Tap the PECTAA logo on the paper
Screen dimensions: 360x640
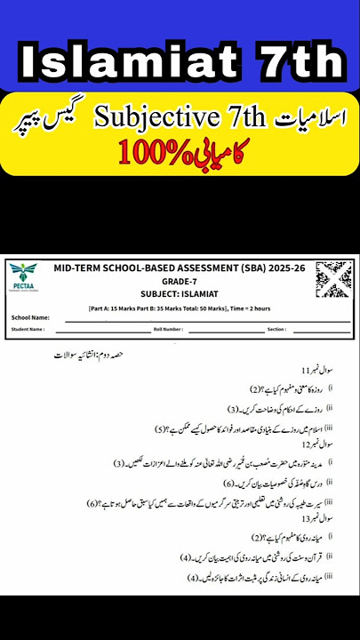click(25, 282)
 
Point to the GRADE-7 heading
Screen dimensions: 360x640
click(179, 278)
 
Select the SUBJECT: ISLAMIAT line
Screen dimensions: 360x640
click(179, 292)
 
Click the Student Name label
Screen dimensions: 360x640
click(29, 329)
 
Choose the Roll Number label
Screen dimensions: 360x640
click(167, 329)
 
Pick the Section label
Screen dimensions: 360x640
click(276, 329)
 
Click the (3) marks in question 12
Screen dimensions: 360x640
click(119, 464)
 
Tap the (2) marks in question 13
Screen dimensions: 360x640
click(257, 538)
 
